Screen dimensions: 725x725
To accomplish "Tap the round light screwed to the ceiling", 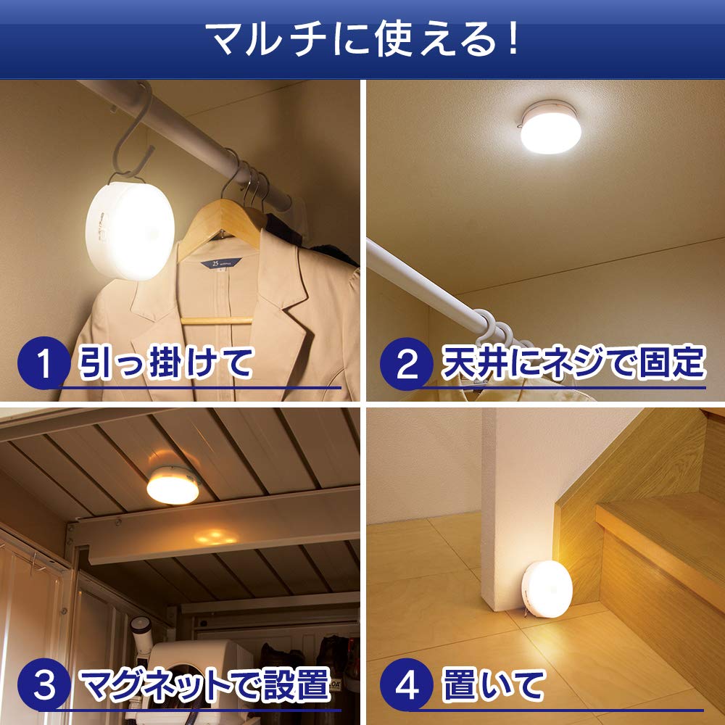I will click(x=552, y=127).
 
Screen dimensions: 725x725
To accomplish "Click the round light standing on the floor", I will click(x=547, y=589).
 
